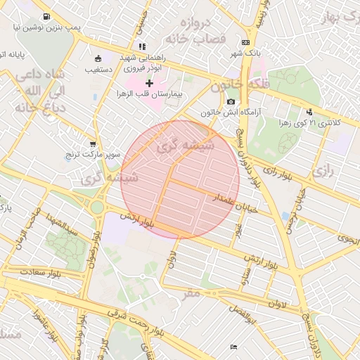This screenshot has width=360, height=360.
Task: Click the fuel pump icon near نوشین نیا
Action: [x=46, y=16]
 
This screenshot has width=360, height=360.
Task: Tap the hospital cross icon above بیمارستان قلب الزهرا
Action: [x=149, y=83]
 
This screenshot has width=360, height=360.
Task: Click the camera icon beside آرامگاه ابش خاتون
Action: [x=231, y=102]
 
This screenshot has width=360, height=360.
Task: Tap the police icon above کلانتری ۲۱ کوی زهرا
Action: [x=309, y=112]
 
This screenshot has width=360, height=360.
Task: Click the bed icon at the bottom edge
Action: [x=234, y=347]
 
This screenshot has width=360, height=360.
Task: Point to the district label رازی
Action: [x=324, y=170]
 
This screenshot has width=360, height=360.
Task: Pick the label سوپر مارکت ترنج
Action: [x=96, y=153]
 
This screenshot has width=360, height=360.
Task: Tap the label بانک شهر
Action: [x=245, y=53]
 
